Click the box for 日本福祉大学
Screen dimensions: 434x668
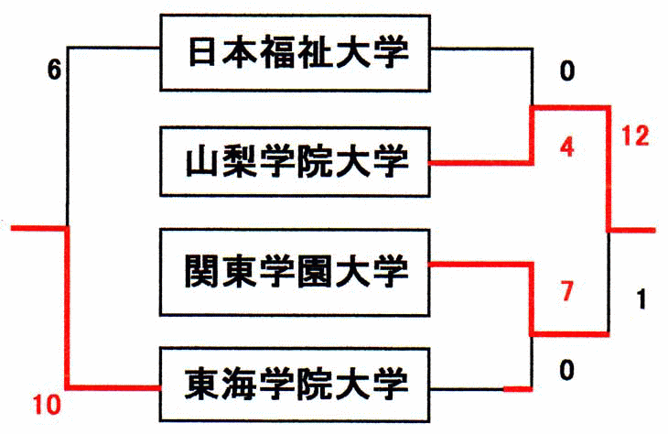click(x=295, y=52)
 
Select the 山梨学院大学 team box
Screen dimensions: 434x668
click(x=295, y=163)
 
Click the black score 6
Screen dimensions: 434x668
click(x=55, y=70)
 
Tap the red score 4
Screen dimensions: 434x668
click(x=567, y=146)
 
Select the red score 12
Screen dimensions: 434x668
click(x=633, y=136)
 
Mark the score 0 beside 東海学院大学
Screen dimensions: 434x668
click(x=567, y=370)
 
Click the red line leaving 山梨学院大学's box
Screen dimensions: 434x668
click(x=480, y=163)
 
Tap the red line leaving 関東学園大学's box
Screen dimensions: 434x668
click(x=480, y=264)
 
